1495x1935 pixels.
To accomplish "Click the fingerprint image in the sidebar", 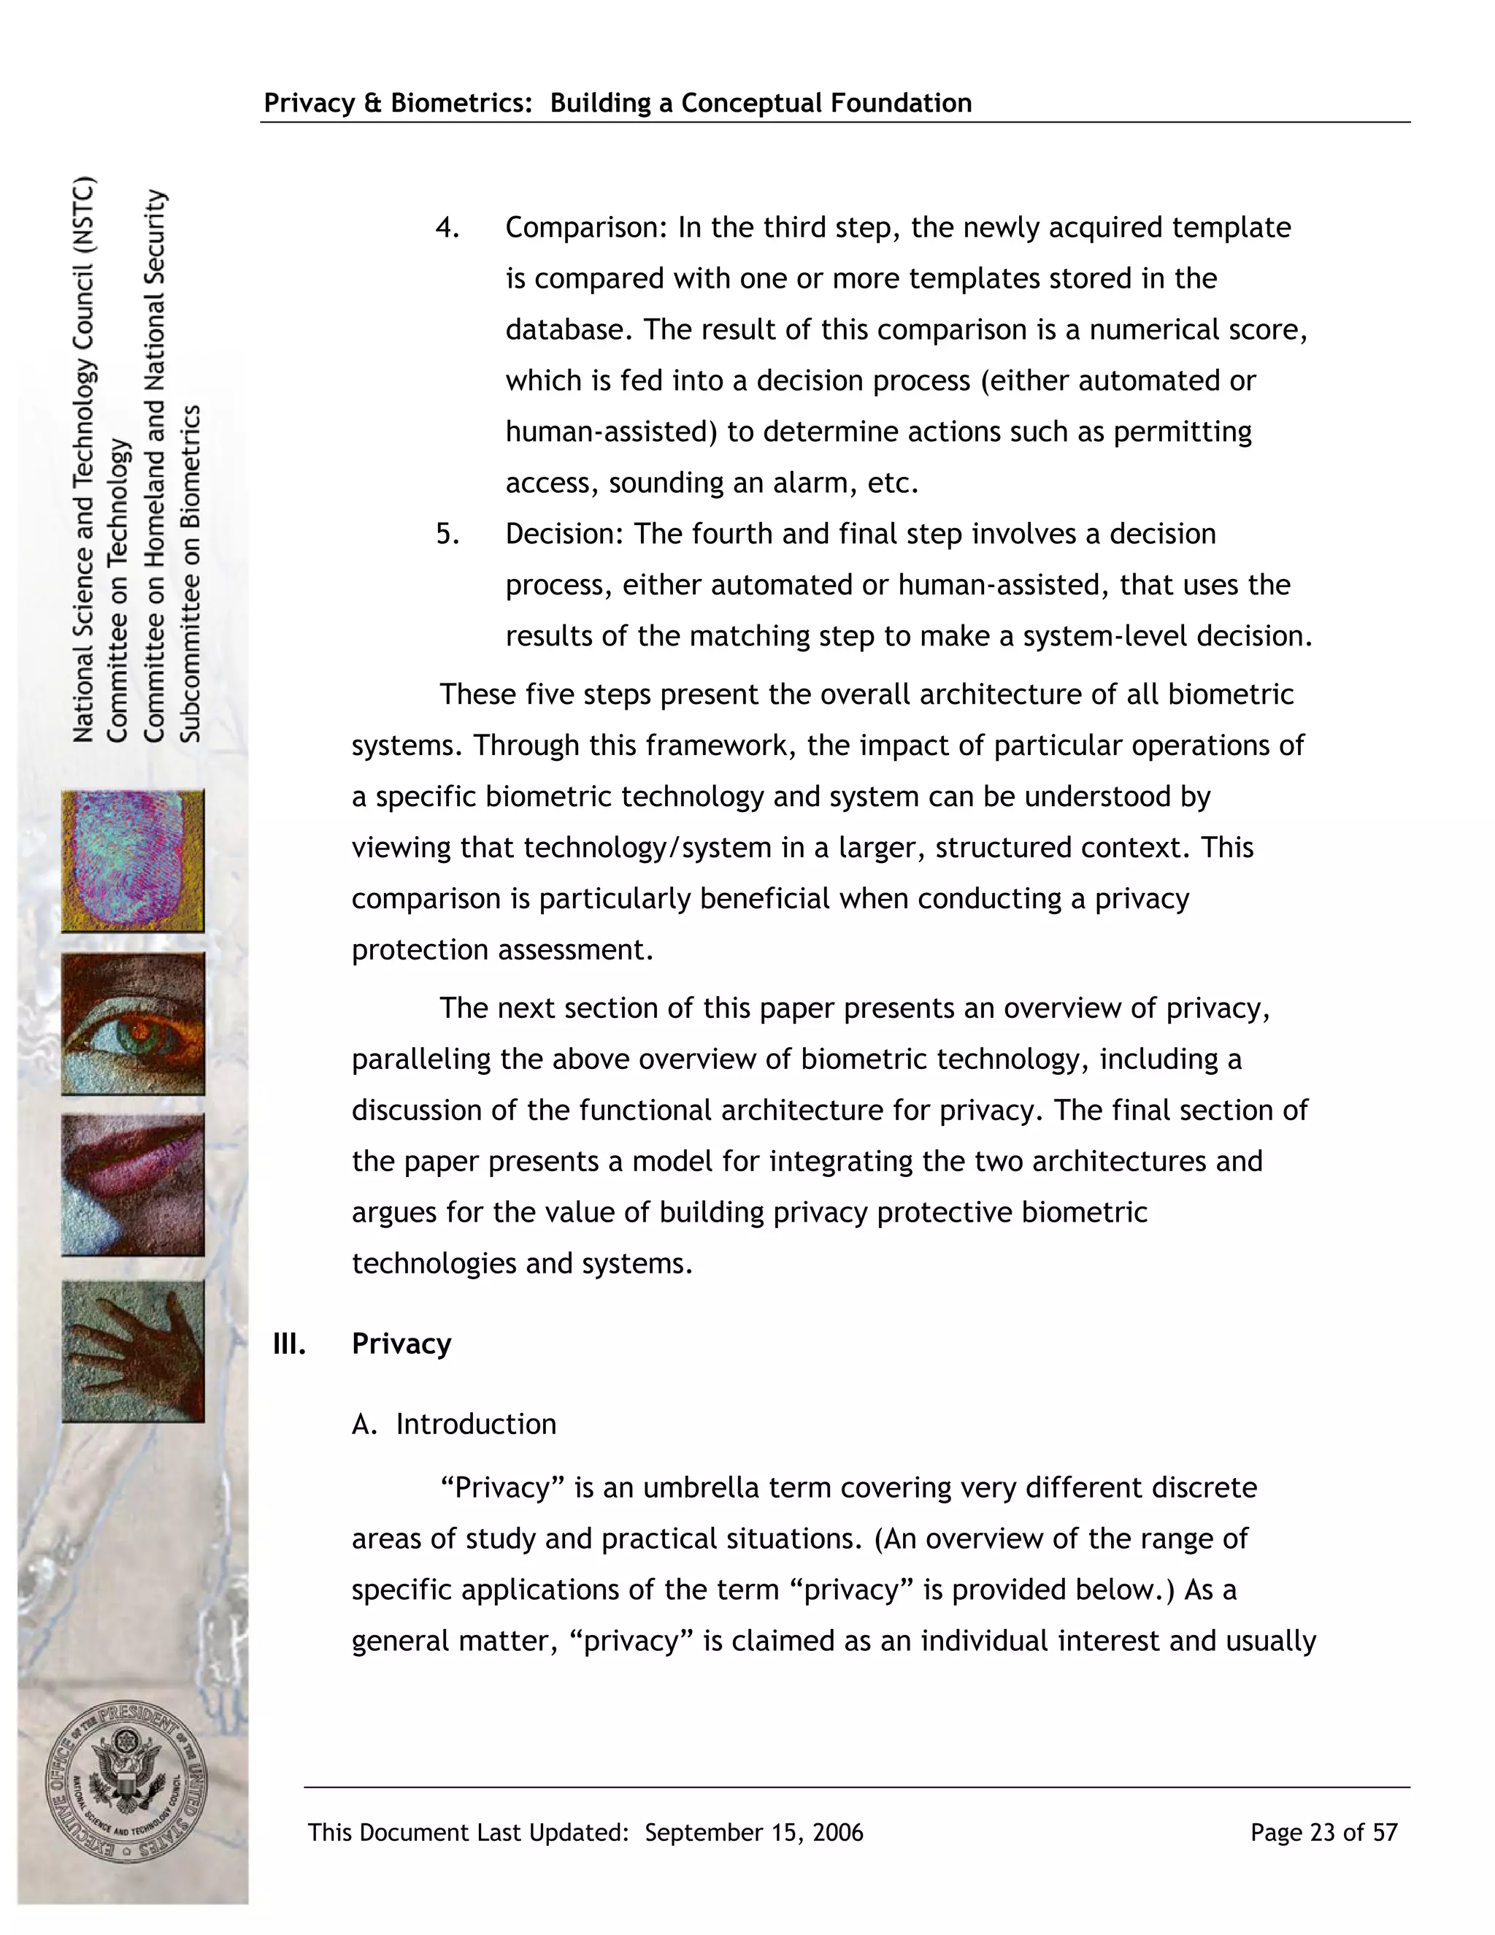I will (x=133, y=861).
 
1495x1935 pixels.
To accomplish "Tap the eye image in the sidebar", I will (x=133, y=1024).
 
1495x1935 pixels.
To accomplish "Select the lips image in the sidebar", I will (x=133, y=1185).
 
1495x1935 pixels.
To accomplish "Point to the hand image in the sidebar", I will (x=133, y=1351).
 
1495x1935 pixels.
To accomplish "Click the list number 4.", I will (x=447, y=229).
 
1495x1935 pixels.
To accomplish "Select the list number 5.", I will (x=447, y=534).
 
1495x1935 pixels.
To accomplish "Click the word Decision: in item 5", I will (x=564, y=534).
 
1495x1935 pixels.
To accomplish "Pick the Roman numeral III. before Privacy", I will (x=290, y=1344).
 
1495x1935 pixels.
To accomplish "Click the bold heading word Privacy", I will (x=401, y=1344).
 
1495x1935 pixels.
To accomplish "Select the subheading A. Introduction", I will (x=454, y=1425).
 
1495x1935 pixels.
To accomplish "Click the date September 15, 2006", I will (x=753, y=1833).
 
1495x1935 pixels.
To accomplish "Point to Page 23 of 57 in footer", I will (x=1323, y=1833).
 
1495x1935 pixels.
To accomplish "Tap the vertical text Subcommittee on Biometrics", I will (x=191, y=573).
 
